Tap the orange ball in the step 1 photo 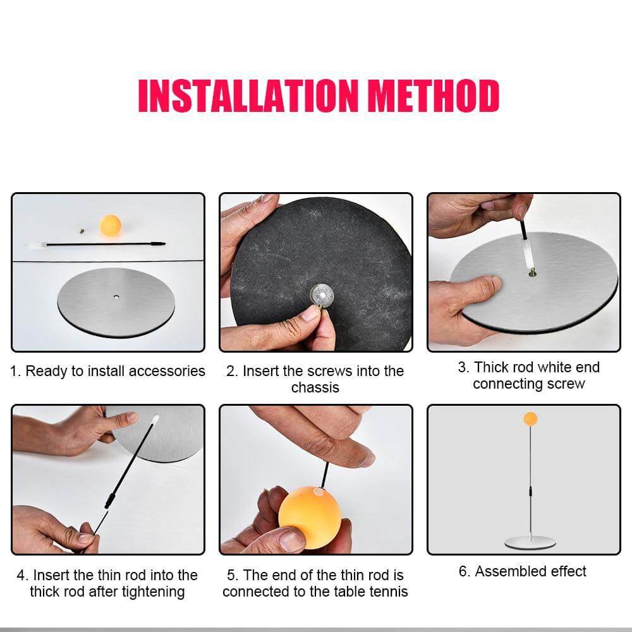click(x=110, y=224)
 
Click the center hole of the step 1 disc click(x=116, y=295)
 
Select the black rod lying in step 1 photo click(x=95, y=243)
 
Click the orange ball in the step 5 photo click(x=310, y=516)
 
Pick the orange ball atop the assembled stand click(x=530, y=418)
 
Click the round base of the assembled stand click(x=530, y=543)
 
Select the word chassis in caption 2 click(x=315, y=387)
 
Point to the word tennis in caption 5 click(x=387, y=592)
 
